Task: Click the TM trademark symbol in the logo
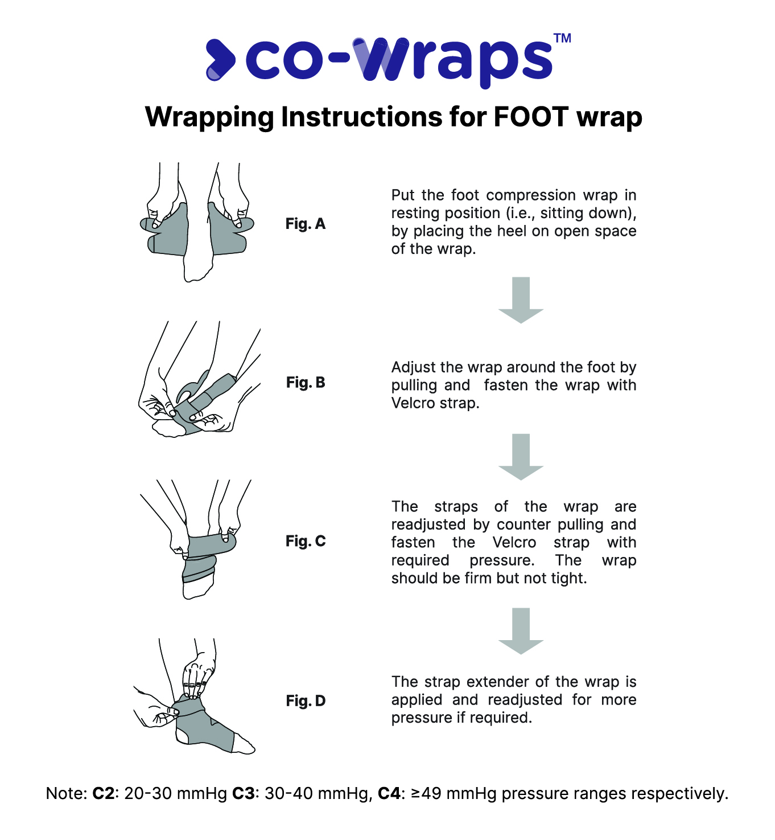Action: click(x=562, y=38)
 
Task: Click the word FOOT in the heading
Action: click(x=531, y=117)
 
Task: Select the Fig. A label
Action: click(x=305, y=224)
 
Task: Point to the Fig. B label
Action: click(x=305, y=382)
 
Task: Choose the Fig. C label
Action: click(x=305, y=541)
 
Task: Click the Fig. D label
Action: click(x=305, y=701)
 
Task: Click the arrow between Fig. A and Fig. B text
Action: click(x=521, y=300)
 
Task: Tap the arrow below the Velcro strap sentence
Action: click(x=521, y=457)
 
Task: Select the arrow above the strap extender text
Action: click(x=521, y=631)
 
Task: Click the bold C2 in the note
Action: click(x=103, y=793)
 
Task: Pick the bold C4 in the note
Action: click(x=389, y=793)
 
